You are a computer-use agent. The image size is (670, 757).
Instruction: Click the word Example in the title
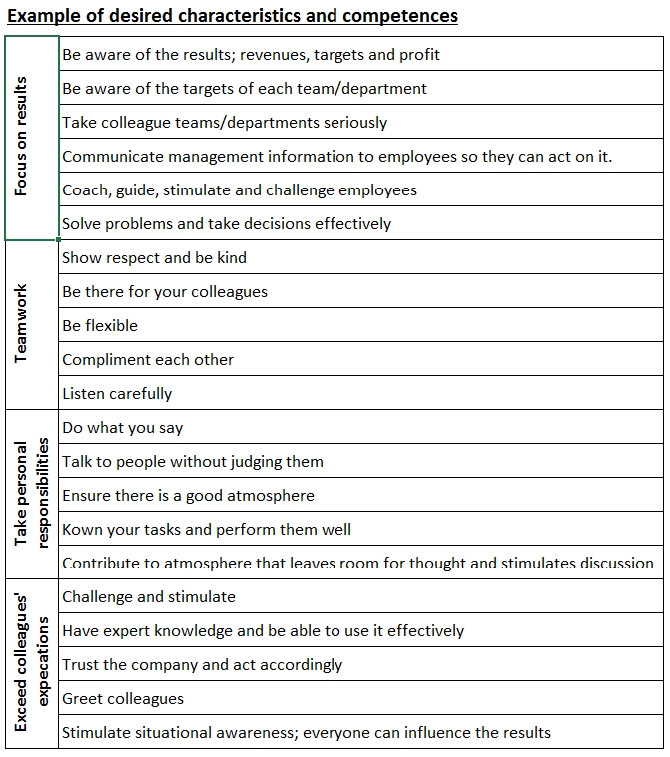(x=43, y=16)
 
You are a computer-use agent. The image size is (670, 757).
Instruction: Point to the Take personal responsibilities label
(x=31, y=495)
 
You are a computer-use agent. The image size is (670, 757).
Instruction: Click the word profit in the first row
(x=419, y=54)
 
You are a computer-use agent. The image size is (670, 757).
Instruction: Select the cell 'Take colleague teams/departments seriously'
(x=225, y=122)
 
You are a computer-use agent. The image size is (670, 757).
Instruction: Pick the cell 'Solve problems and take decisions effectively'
(x=227, y=223)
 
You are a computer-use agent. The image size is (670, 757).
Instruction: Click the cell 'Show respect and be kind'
(x=154, y=257)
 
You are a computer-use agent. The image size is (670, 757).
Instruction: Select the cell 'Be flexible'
(x=100, y=325)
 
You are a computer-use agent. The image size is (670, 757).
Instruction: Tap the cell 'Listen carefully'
(x=117, y=393)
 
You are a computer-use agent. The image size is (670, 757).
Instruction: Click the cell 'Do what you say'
(x=122, y=427)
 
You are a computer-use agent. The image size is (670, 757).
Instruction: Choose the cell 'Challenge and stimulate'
(x=149, y=596)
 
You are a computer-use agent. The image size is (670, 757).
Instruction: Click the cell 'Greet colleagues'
(x=123, y=698)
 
